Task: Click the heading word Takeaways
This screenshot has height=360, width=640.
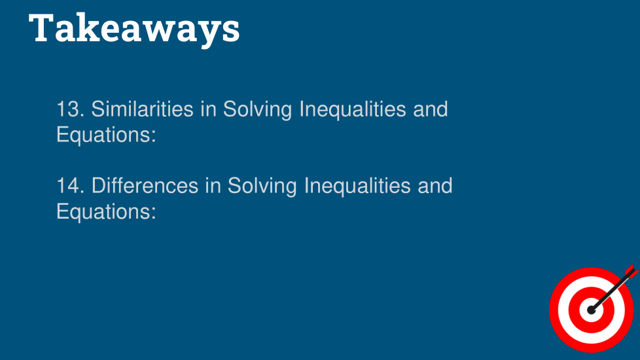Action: (x=134, y=29)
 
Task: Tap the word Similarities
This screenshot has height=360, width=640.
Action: (x=142, y=109)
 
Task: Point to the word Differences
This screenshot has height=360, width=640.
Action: (x=145, y=186)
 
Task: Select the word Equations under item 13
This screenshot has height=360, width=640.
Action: (x=106, y=135)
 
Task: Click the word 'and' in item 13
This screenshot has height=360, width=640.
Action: (x=431, y=109)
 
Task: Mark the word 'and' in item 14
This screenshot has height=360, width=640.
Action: (x=435, y=186)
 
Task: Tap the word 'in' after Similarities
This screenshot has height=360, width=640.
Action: (x=208, y=109)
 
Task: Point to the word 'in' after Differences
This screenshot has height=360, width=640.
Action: (x=213, y=186)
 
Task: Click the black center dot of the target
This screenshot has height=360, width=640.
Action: (x=592, y=310)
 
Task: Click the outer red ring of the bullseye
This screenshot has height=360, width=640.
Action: (x=554, y=310)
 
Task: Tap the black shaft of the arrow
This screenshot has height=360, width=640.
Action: (x=611, y=291)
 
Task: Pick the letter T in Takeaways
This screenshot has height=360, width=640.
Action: (x=42, y=27)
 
